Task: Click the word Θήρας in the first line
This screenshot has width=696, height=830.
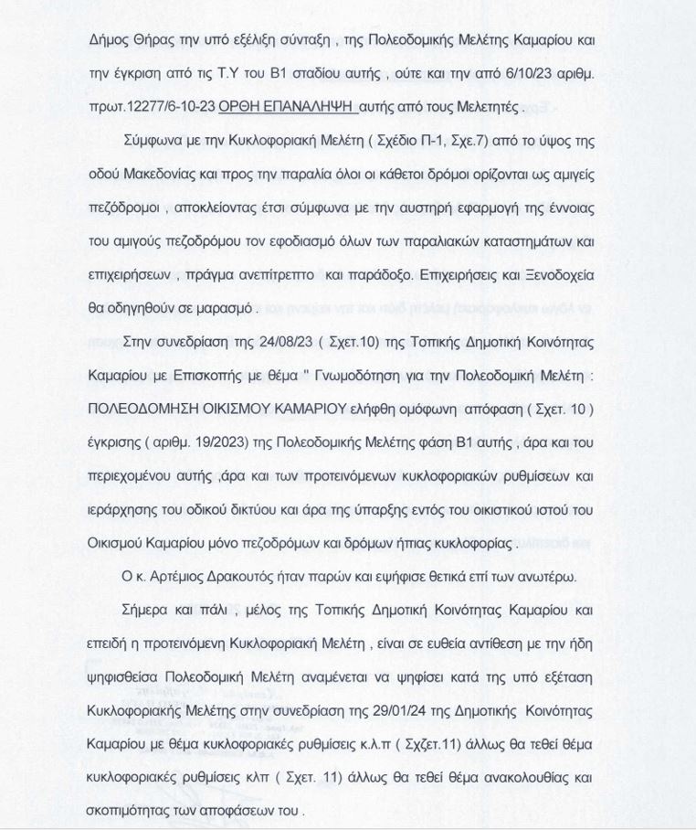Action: [151, 41]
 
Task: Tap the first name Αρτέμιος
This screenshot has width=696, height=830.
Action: [175, 576]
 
